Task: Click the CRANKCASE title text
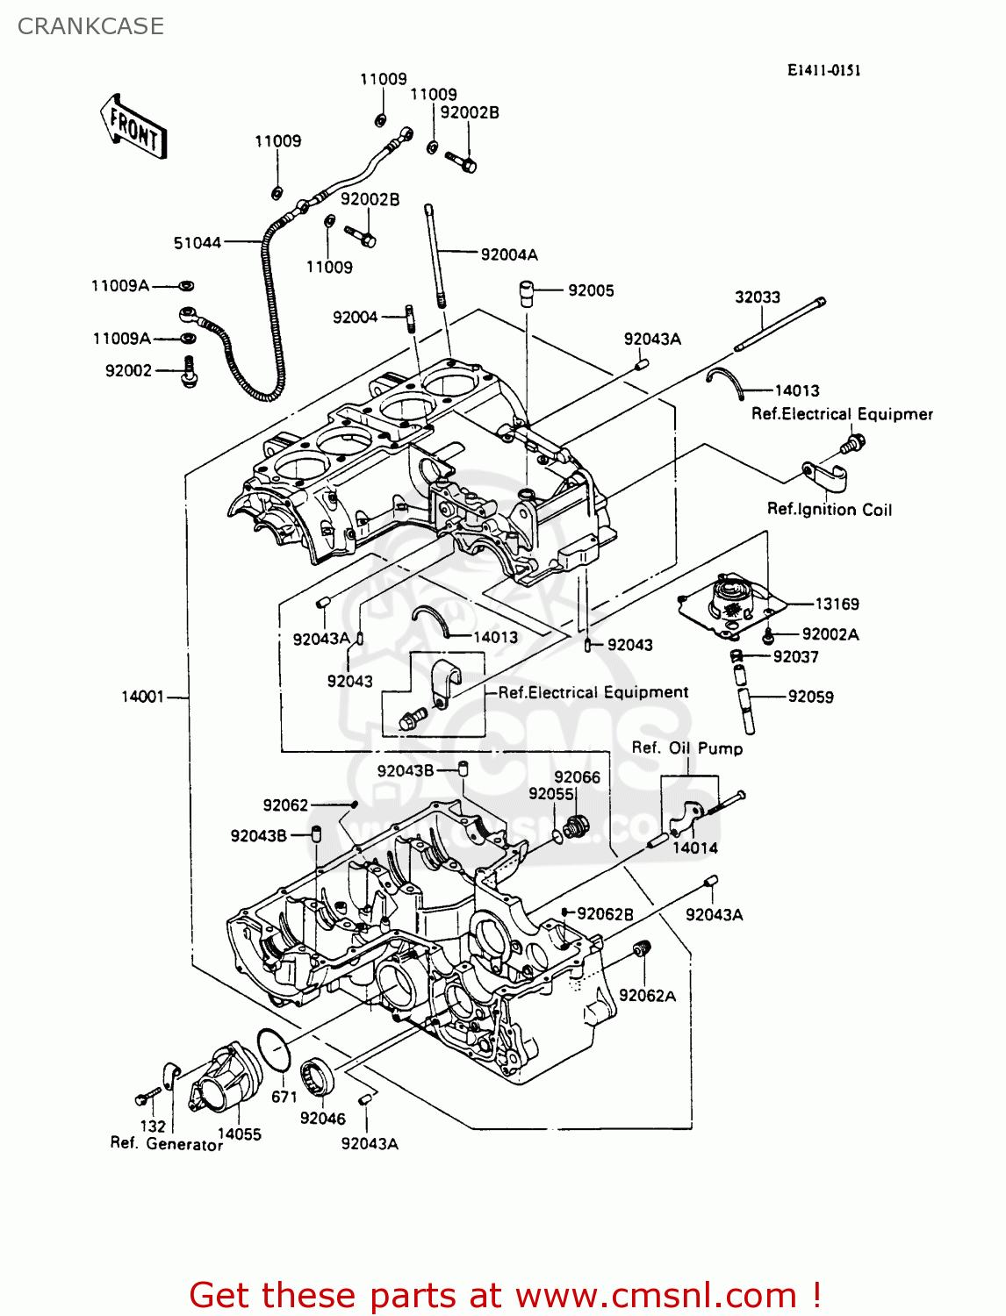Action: click(90, 26)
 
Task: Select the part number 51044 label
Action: click(198, 243)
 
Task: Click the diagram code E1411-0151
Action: click(823, 70)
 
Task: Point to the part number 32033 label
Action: click(758, 297)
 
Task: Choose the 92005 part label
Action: click(591, 290)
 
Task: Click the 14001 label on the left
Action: click(143, 697)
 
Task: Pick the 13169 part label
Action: click(837, 604)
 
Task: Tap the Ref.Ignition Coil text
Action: click(829, 510)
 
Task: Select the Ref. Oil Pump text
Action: click(687, 748)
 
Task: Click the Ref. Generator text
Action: click(167, 1144)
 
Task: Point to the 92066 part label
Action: click(577, 777)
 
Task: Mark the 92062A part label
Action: click(648, 996)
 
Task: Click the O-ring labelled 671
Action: click(274, 1049)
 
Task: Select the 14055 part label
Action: click(240, 1134)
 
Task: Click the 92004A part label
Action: click(509, 255)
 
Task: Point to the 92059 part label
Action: click(810, 697)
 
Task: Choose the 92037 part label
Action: click(795, 657)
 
